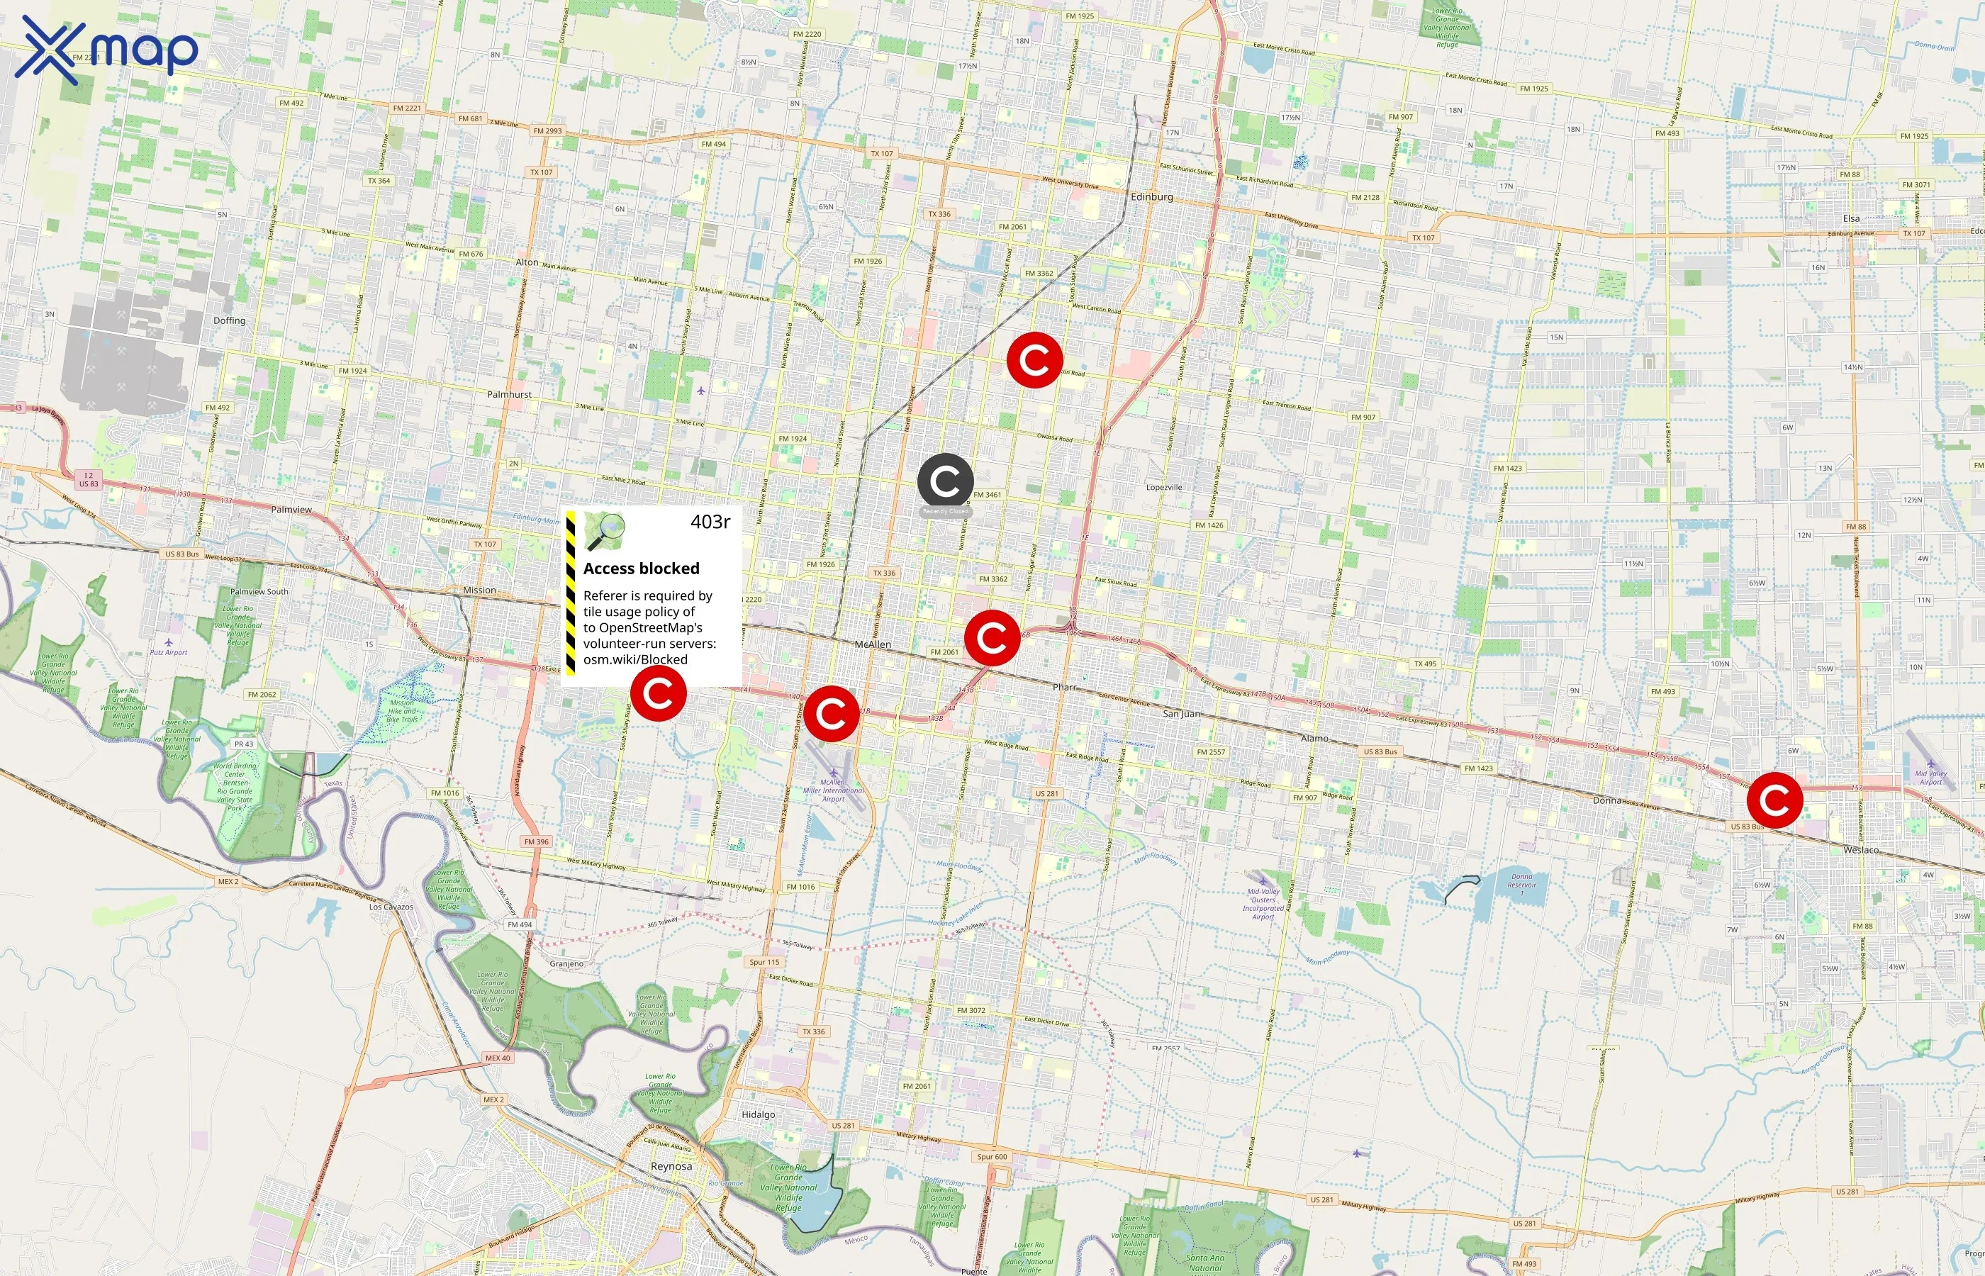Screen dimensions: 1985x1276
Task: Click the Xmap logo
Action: coord(106,50)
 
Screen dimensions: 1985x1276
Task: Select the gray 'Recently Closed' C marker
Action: coord(944,481)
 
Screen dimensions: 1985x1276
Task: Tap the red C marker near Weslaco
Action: coord(1774,800)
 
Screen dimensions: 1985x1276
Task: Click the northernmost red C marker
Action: coord(1035,359)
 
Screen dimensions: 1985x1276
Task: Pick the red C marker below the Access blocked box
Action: coord(658,693)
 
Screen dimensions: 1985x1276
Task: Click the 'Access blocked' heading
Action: coord(642,569)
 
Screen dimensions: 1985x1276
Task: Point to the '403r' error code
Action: coord(710,522)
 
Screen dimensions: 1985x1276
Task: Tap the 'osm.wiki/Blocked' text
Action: coord(634,659)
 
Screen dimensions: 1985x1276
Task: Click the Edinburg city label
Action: coord(1151,197)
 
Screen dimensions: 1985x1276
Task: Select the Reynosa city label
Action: coord(671,1166)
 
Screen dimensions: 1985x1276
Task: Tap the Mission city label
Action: coord(480,590)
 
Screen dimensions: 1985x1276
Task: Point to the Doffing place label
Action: coord(230,320)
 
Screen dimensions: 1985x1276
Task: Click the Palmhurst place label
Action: coord(510,394)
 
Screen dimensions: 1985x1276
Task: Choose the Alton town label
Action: coord(527,262)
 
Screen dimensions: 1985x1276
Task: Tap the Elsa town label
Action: coord(1851,219)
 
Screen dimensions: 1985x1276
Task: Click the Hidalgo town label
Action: coord(758,1114)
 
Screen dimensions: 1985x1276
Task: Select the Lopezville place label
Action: coord(1164,487)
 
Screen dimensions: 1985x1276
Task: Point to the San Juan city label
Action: coord(1180,713)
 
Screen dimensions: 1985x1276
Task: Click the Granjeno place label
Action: coord(566,963)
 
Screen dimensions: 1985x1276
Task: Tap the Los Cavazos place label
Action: coord(391,907)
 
